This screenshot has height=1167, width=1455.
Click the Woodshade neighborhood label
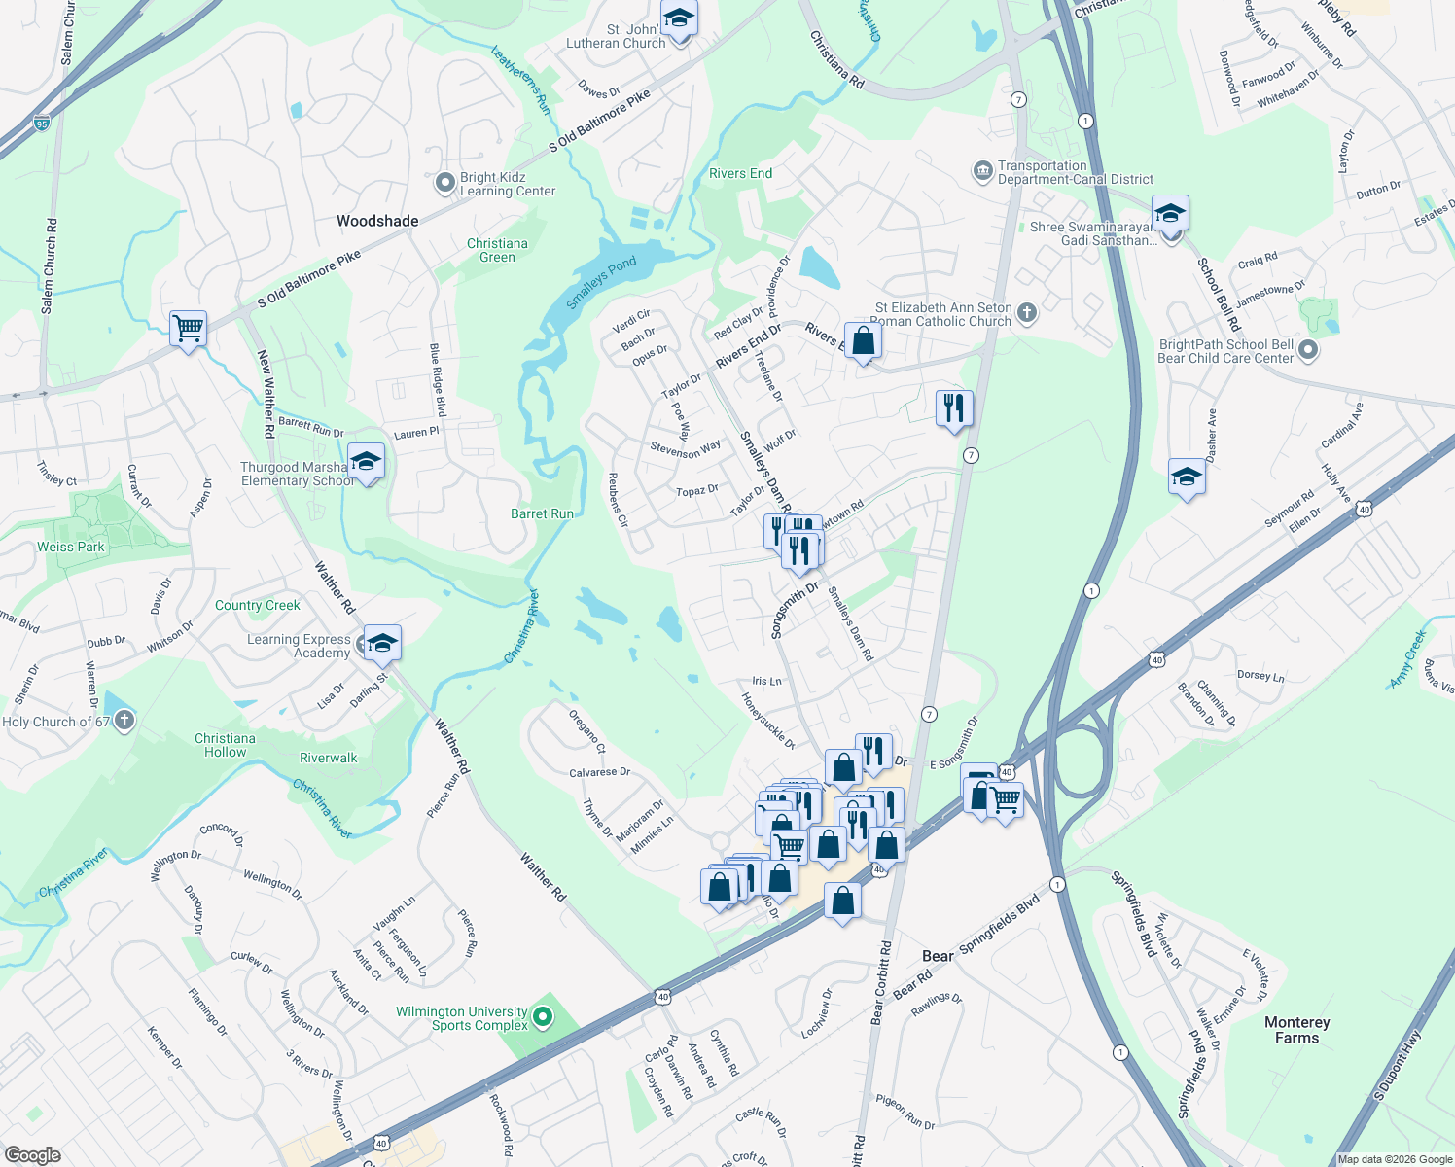pyautogui.click(x=377, y=221)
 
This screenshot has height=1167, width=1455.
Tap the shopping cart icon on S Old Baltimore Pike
pyautogui.click(x=188, y=329)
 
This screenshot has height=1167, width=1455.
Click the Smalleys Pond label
pyautogui.click(x=601, y=282)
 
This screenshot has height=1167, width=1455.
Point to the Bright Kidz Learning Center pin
pyautogui.click(x=444, y=183)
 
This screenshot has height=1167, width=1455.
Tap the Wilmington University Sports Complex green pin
pyautogui.click(x=544, y=1018)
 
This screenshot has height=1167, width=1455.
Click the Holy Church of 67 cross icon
pyautogui.click(x=124, y=721)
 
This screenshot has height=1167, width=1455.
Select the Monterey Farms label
pyautogui.click(x=1296, y=1030)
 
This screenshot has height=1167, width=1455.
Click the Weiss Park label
pyautogui.click(x=71, y=547)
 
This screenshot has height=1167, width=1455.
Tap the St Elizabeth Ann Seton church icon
pyautogui.click(x=1027, y=313)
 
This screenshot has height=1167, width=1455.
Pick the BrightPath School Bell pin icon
pyautogui.click(x=1308, y=350)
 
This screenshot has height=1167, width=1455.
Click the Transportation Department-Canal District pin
pyautogui.click(x=982, y=172)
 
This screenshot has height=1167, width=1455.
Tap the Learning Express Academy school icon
pyautogui.click(x=382, y=643)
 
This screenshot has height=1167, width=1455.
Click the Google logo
pyautogui.click(x=32, y=1154)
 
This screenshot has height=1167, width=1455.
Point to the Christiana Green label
pyautogui.click(x=497, y=250)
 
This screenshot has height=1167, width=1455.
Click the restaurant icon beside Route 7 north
pyautogui.click(x=954, y=407)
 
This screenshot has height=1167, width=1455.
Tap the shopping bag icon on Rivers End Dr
pyautogui.click(x=863, y=341)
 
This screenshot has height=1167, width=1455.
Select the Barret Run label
pyautogui.click(x=542, y=513)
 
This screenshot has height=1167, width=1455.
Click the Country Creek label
pyautogui.click(x=258, y=605)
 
